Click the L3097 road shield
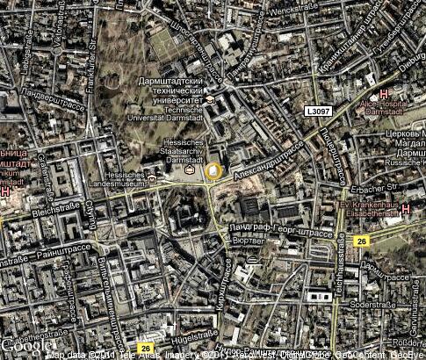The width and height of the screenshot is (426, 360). [319, 112]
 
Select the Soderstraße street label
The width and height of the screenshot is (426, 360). [368, 305]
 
